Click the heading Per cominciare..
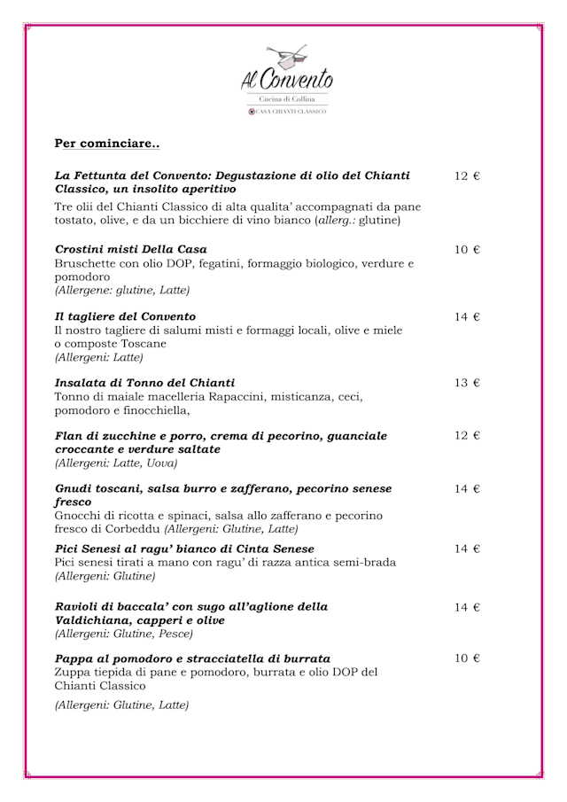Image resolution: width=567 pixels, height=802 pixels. coord(107,143)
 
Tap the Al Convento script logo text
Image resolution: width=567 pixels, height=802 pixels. coord(287,80)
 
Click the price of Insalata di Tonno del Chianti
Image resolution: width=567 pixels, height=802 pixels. coord(467,383)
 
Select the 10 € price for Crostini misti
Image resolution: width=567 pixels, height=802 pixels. coord(467,250)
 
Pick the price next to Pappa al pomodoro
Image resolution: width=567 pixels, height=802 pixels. coord(467,658)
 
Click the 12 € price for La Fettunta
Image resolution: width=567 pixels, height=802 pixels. coord(467,176)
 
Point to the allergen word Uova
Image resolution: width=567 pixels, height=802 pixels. coord(163,463)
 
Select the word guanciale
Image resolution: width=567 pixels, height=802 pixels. coord(353,436)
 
